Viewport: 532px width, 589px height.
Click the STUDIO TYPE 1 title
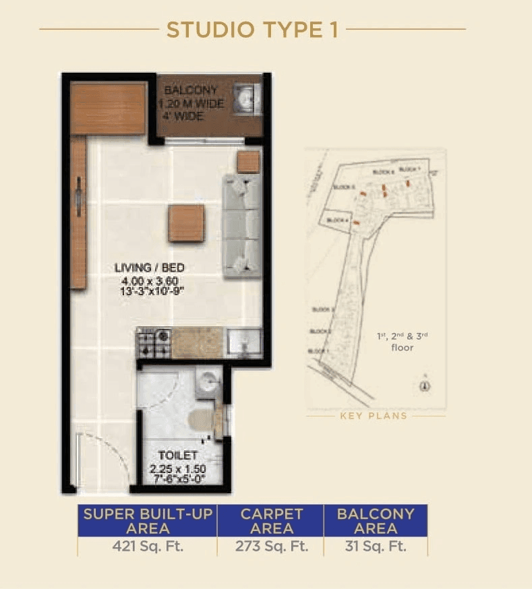point(252,30)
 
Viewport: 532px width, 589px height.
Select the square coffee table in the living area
point(186,223)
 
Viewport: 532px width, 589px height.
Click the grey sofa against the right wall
point(242,226)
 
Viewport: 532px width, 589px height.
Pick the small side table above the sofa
point(248,162)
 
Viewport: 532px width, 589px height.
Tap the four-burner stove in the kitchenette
point(154,343)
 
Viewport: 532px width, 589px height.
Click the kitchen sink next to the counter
point(243,342)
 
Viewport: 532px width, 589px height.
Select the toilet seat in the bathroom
point(202,419)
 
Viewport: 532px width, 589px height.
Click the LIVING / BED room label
point(149,268)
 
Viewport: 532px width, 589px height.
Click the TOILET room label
point(178,456)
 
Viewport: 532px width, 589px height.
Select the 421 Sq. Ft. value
point(147,546)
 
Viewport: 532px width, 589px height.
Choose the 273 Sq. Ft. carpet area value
point(271,546)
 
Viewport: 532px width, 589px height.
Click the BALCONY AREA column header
point(376,521)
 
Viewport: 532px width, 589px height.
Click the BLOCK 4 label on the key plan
point(336,221)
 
